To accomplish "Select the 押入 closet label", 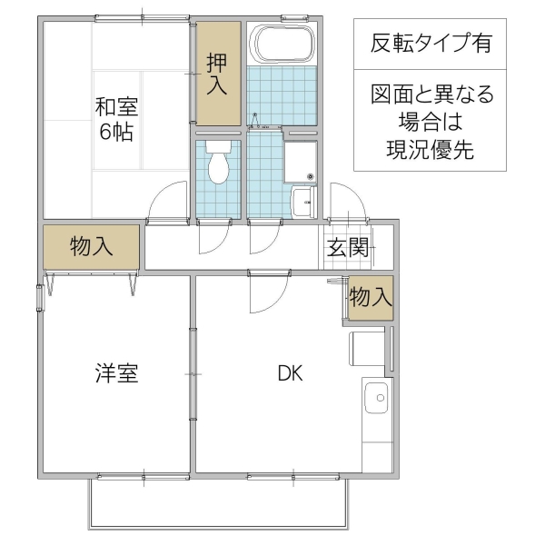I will pos(217,74).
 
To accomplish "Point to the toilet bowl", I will pos(218,165).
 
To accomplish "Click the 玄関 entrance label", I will pos(346,247).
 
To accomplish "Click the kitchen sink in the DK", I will pos(375,398).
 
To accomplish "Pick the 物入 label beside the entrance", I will pos(371,297).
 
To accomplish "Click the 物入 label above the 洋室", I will pos(91,246).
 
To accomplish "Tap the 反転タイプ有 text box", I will pos(431,43).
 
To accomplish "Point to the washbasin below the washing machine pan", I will pos(302,200).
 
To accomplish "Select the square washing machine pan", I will pos(300,161).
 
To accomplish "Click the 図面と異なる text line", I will pos(431,95).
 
